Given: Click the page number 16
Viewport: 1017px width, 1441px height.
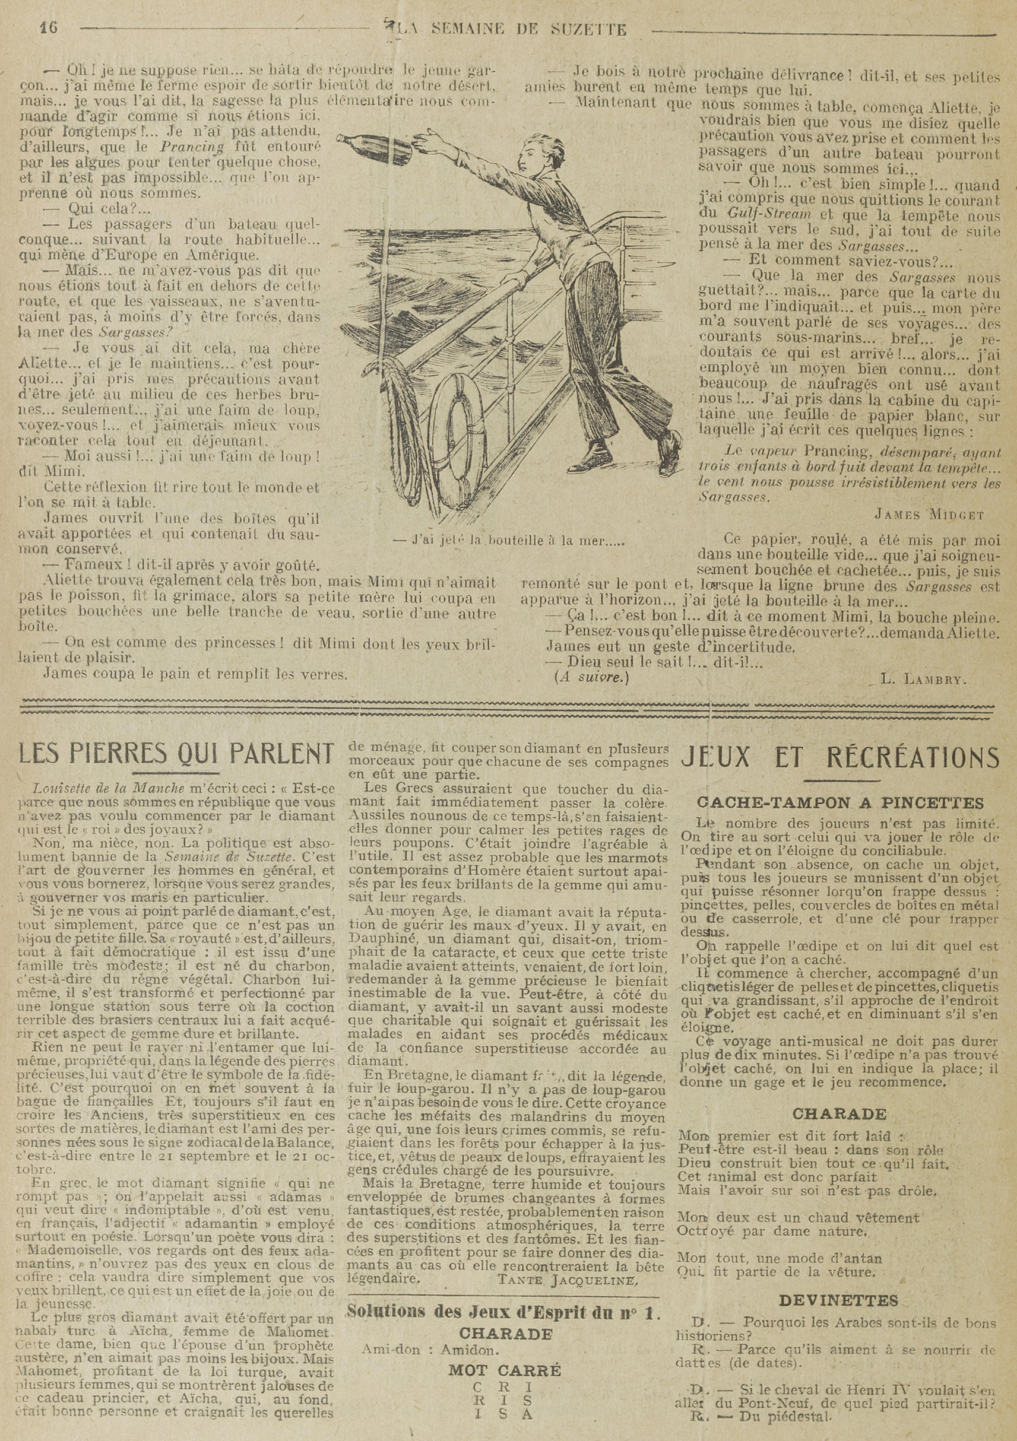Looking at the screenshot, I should (49, 28).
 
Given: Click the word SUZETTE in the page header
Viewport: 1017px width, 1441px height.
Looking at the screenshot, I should (592, 29).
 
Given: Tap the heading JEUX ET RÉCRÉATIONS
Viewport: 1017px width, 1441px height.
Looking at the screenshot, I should (840, 757).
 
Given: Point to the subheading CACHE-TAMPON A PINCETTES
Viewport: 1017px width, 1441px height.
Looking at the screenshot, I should (841, 803).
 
